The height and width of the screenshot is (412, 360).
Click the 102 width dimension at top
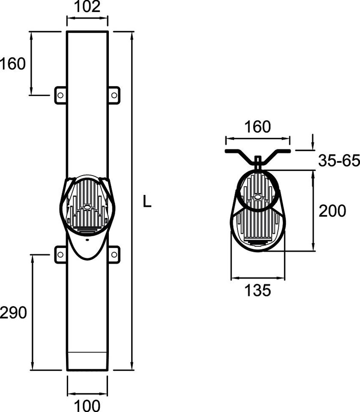[x=87, y=6]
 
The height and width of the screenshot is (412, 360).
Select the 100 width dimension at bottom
[x=87, y=404]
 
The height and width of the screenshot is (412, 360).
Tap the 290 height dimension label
[x=13, y=313]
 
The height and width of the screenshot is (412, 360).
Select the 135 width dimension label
[x=258, y=291]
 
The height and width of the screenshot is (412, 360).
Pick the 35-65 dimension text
[x=339, y=161]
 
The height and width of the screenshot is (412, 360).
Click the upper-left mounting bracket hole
[x=60, y=95]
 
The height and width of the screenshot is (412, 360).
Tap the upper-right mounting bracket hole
[x=114, y=95]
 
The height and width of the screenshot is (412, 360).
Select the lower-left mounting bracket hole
[x=60, y=254]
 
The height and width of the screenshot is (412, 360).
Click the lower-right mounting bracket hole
[x=114, y=254]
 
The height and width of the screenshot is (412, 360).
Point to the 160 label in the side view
[x=258, y=127]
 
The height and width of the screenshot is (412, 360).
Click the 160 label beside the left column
[x=13, y=64]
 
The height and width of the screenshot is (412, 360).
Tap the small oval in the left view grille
[x=87, y=206]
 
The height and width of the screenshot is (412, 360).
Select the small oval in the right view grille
[x=258, y=197]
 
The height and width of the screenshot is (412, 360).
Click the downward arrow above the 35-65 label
[x=313, y=141]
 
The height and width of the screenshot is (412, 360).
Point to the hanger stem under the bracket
[x=258, y=163]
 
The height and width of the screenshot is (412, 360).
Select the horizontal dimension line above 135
[x=258, y=279]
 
